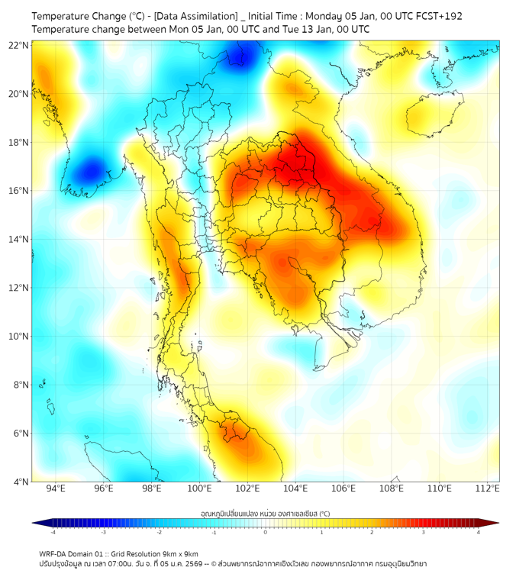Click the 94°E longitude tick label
56,489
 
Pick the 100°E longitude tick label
199,489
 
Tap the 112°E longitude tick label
487,489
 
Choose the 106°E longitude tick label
343,489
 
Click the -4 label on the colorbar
53,532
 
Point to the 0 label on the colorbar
266,532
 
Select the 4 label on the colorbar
479,532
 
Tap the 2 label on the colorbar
372,532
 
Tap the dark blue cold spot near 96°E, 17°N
91,169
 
